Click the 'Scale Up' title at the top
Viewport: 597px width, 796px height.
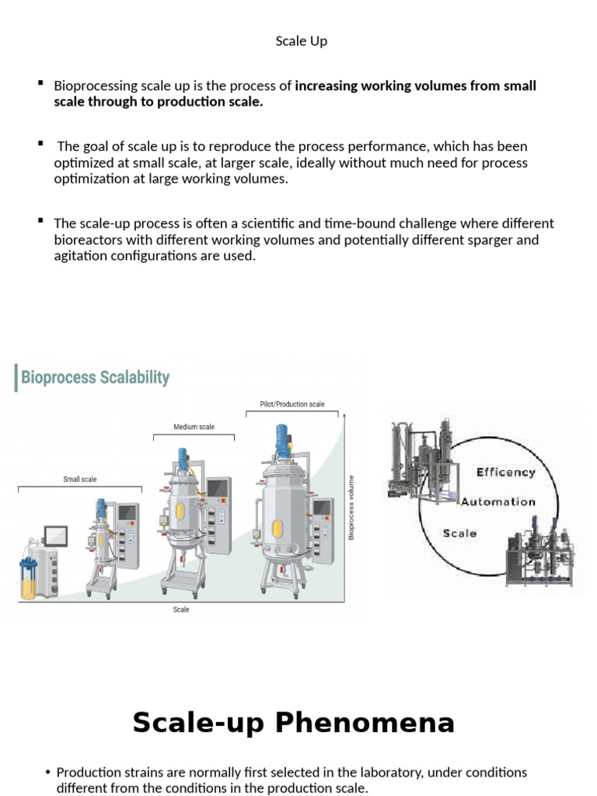coord(301,41)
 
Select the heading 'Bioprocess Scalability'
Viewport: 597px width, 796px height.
coord(95,378)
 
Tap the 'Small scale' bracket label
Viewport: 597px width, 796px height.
coord(79,480)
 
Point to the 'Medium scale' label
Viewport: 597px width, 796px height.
coord(194,427)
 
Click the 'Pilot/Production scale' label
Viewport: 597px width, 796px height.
coord(292,404)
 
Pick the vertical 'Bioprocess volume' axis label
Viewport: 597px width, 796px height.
coord(351,508)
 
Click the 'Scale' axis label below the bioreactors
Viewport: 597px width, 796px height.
coord(181,609)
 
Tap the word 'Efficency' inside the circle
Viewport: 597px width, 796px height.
coord(506,472)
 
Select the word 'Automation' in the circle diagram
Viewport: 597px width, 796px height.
coord(498,502)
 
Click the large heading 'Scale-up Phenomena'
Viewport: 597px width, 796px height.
coord(293,723)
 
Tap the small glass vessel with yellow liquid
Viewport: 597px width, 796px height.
coord(29,579)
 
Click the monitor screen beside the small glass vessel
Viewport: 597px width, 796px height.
coord(55,536)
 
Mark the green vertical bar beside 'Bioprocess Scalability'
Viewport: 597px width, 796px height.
coord(16,378)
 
